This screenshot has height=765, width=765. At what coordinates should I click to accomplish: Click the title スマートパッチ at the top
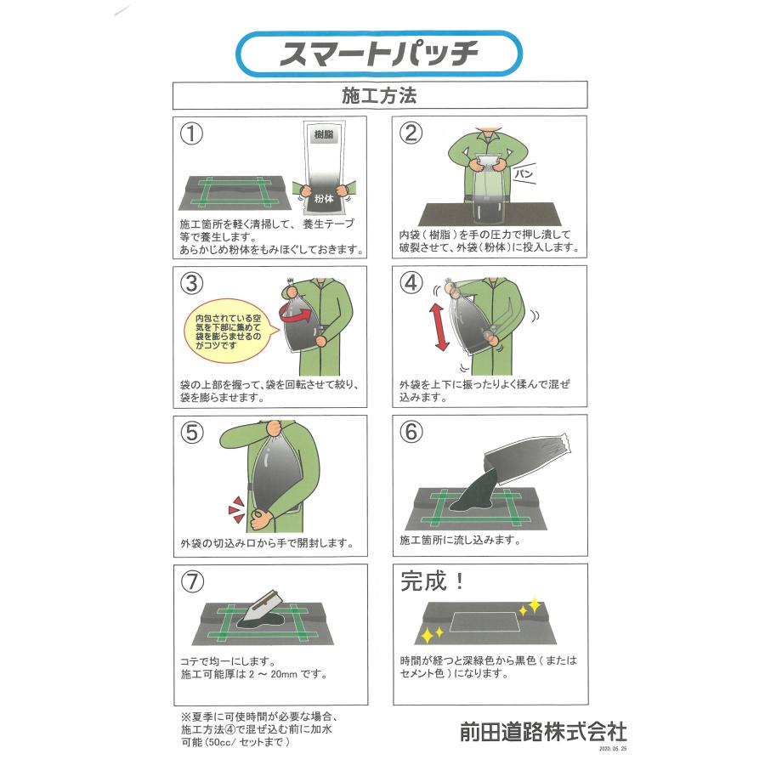379,54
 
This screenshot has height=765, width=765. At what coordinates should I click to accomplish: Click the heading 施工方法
379,95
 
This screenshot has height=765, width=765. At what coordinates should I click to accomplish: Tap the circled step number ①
193,133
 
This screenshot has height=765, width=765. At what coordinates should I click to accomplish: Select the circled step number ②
411,133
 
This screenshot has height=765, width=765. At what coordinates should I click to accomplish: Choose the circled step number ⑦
193,582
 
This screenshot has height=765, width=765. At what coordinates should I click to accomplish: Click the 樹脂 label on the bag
322,135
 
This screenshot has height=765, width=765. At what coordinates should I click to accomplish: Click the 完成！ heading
433,582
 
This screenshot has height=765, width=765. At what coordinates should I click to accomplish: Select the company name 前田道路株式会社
542,730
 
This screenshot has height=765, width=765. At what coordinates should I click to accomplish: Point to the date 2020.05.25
612,751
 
